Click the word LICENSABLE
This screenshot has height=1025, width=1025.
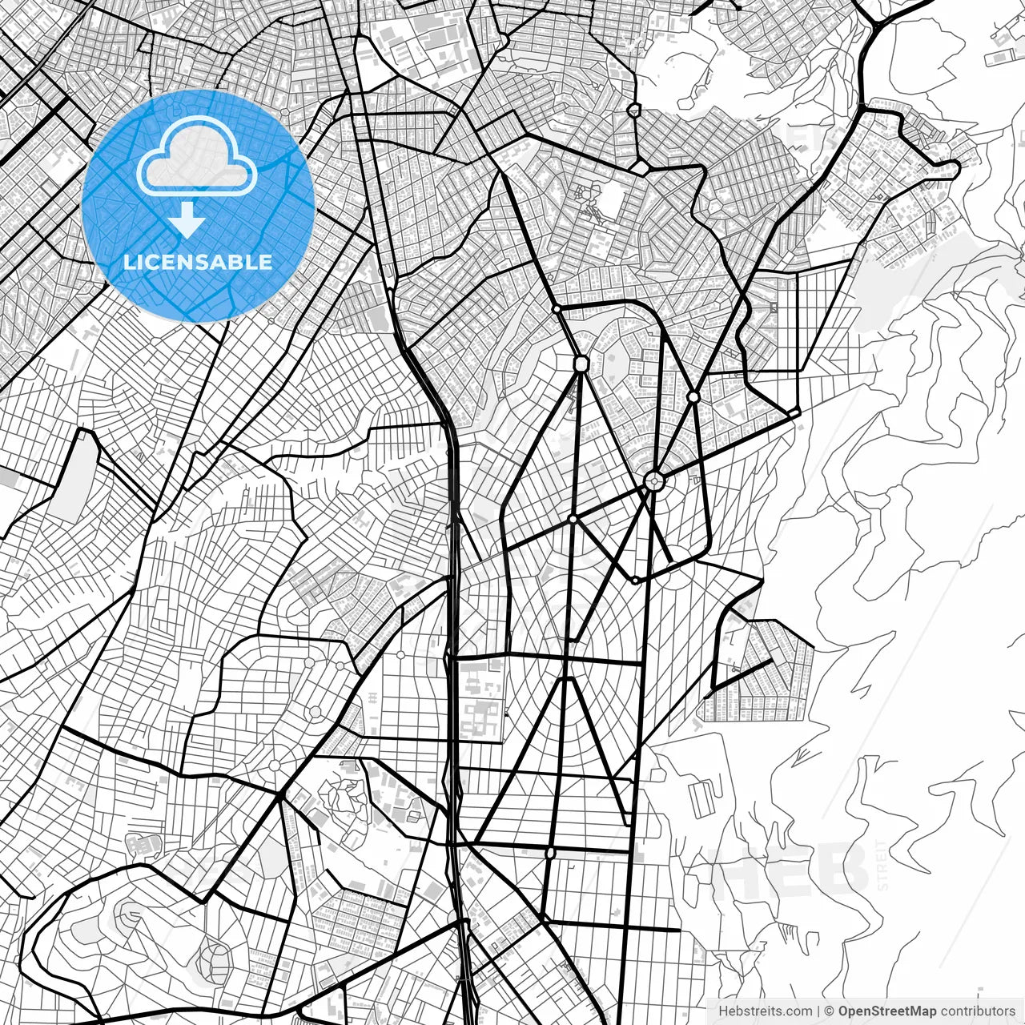tap(198, 262)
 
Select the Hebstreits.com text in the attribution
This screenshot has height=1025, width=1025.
tap(765, 1011)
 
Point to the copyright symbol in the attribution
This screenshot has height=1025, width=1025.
tap(830, 1011)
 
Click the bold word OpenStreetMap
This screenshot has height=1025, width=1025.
tap(887, 1011)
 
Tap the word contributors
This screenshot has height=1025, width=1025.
tap(978, 1011)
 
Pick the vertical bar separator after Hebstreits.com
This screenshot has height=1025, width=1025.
tap(818, 1011)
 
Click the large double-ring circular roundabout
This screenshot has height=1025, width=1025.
tap(654, 480)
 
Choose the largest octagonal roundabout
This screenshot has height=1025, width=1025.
tap(581, 364)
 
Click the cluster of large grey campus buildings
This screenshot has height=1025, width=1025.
tap(480, 705)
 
